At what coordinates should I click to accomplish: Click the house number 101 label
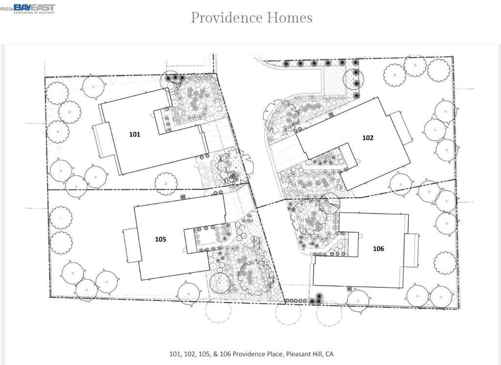pyautogui.click(x=135, y=134)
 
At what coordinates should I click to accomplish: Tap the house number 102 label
pyautogui.click(x=367, y=137)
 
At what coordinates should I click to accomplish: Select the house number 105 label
pyautogui.click(x=160, y=239)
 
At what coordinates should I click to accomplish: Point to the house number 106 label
pyautogui.click(x=378, y=249)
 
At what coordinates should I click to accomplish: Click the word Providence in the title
pyautogui.click(x=227, y=18)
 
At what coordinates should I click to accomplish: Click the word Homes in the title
pyautogui.click(x=290, y=18)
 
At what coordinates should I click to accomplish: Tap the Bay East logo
pyautogui.click(x=34, y=8)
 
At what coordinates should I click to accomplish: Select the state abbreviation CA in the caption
pyautogui.click(x=329, y=354)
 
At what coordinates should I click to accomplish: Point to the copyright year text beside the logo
pyautogui.click(x=7, y=9)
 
